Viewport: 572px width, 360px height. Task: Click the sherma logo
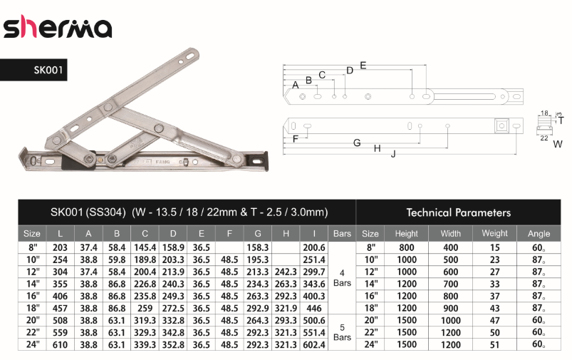58,27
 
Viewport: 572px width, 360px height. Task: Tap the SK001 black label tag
33,70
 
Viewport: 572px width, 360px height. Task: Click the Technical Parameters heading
459,212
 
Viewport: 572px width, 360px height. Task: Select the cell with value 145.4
145,247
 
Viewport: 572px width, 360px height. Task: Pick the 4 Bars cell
342,278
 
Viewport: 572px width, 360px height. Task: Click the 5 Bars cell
342,332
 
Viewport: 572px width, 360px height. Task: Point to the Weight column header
494,233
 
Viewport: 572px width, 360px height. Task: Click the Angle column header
539,234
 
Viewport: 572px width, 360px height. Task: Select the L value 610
60,344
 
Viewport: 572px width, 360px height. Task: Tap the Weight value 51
494,344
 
